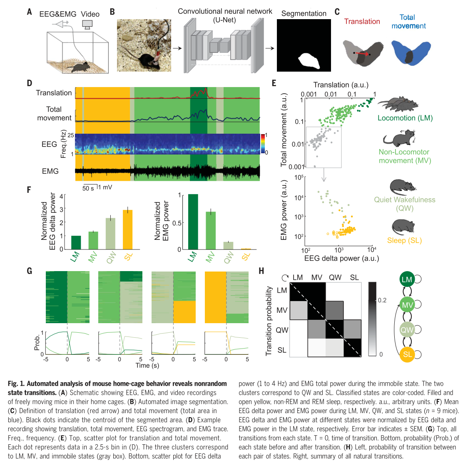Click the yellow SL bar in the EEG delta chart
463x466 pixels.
pos(127,229)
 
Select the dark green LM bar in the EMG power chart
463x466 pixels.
pos(193,222)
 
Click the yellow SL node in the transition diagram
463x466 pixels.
pos(407,354)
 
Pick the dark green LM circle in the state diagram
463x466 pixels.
pos(407,279)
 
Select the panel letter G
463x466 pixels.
pos(29,271)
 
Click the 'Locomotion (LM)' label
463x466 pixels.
pos(405,118)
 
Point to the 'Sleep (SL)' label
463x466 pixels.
pos(404,240)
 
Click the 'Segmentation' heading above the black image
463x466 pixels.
pos(304,13)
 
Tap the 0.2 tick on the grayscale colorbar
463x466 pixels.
pos(382,300)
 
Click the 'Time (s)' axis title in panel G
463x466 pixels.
pos(147,365)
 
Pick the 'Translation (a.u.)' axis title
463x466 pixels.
pos(341,85)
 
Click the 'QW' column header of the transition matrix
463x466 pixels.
pos(335,278)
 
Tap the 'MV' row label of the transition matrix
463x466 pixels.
pos(282,310)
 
